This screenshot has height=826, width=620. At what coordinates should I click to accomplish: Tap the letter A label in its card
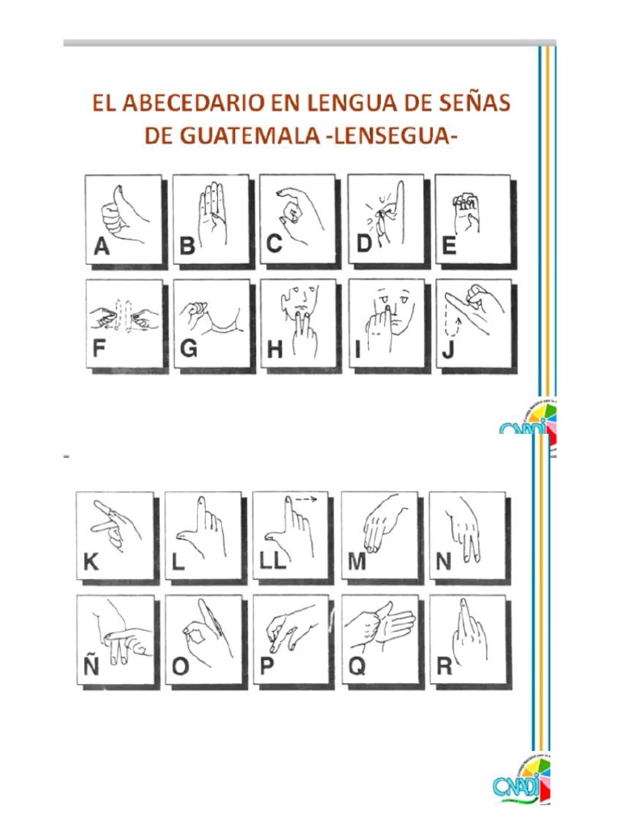[x=102, y=248]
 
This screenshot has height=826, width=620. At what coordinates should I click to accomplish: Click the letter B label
[x=187, y=248]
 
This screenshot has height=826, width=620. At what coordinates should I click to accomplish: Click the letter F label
[x=100, y=350]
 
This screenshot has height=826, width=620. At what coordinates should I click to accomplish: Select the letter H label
[x=275, y=351]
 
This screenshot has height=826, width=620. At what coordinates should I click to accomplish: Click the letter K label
[x=92, y=562]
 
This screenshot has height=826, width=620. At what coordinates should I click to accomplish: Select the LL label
[x=273, y=562]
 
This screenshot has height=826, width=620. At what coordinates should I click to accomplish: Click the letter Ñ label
[x=91, y=665]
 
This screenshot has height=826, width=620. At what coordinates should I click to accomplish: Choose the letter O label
[x=181, y=667]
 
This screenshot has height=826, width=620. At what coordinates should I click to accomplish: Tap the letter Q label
[x=356, y=666]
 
